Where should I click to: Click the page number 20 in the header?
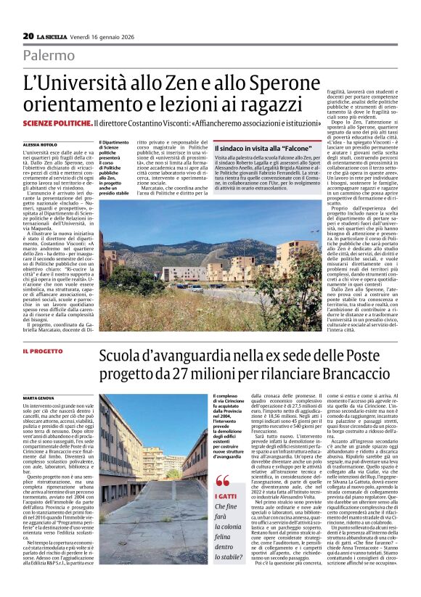[x=28, y=36]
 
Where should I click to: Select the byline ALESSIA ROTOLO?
[x=40, y=144]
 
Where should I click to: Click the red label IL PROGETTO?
[x=43, y=351]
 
